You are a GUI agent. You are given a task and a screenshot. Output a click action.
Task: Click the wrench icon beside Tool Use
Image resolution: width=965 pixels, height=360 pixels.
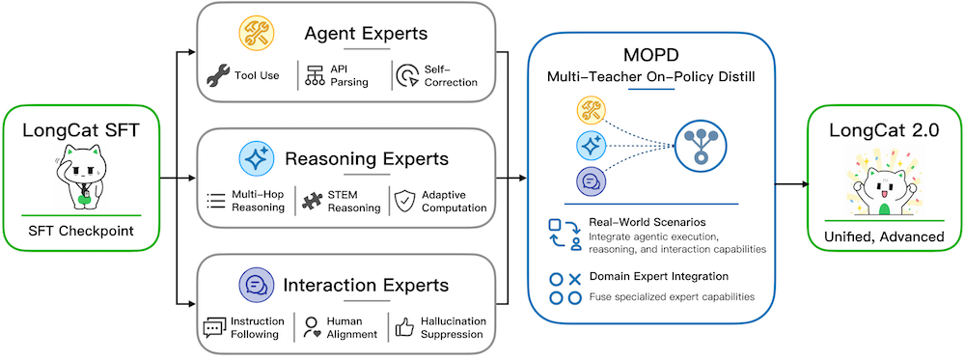[216, 75]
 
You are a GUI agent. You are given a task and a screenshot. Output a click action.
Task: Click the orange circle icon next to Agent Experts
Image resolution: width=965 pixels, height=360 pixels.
[256, 33]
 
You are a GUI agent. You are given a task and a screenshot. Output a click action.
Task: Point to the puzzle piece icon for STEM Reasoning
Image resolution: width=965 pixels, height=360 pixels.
[313, 201]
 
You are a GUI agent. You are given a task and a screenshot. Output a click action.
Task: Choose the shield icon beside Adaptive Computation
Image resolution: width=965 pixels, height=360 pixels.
[404, 201]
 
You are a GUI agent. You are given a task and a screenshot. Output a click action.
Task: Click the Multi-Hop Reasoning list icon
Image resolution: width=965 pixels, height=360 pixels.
[216, 201]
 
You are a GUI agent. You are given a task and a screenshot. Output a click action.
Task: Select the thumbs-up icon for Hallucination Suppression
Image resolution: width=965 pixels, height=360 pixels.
[404, 328]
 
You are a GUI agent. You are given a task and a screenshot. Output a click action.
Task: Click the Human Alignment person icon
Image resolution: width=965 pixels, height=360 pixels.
[312, 328]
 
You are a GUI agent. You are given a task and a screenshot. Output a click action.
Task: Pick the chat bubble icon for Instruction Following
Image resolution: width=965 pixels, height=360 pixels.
[213, 328]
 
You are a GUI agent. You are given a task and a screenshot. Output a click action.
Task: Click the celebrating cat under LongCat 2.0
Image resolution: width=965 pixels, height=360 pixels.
[884, 185]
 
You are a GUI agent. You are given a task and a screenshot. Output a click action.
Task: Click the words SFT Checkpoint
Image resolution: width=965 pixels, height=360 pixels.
[81, 232]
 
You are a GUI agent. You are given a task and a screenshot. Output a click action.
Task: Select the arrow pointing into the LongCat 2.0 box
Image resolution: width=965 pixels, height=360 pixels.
[791, 183]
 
